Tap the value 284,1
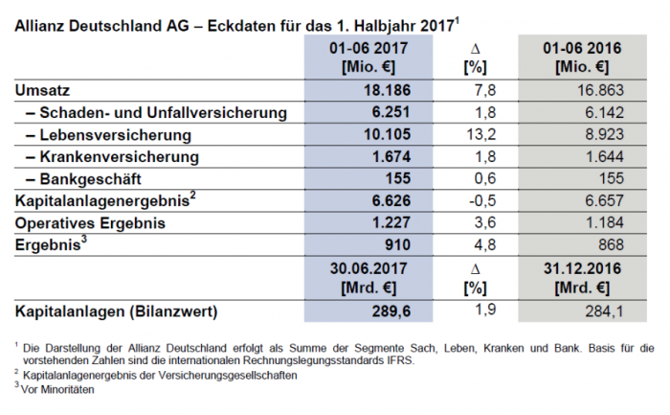pyautogui.click(x=605, y=312)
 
